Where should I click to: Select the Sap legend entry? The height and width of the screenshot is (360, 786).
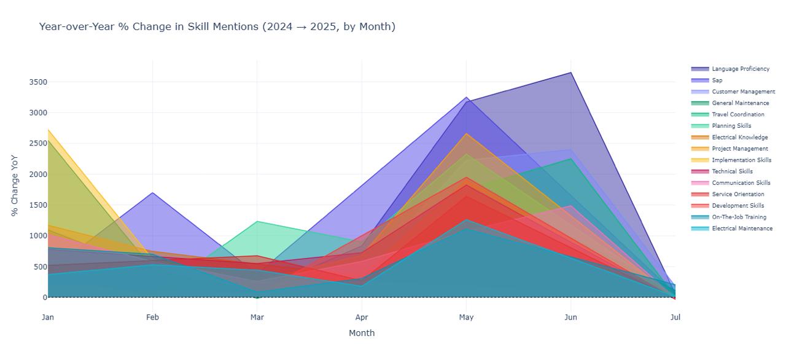pos(717,80)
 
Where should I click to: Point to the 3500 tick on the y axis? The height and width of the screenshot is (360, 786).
pos(29,82)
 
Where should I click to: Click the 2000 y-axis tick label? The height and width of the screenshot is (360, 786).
pos(29,174)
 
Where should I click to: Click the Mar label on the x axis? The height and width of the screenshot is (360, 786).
pos(257,318)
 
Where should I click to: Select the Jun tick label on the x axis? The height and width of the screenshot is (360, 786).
pos(571,318)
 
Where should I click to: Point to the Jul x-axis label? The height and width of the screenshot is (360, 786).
pos(675,318)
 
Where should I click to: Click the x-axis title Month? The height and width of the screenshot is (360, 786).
pos(362,333)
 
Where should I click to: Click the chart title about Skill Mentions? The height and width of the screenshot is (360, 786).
pos(217,26)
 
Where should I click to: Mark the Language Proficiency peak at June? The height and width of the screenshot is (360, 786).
pos(571,72)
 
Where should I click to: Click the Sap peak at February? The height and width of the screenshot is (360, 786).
pos(153,193)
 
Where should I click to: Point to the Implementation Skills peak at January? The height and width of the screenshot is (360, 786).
pos(48,130)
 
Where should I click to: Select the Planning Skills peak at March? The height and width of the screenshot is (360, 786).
pos(257,221)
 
